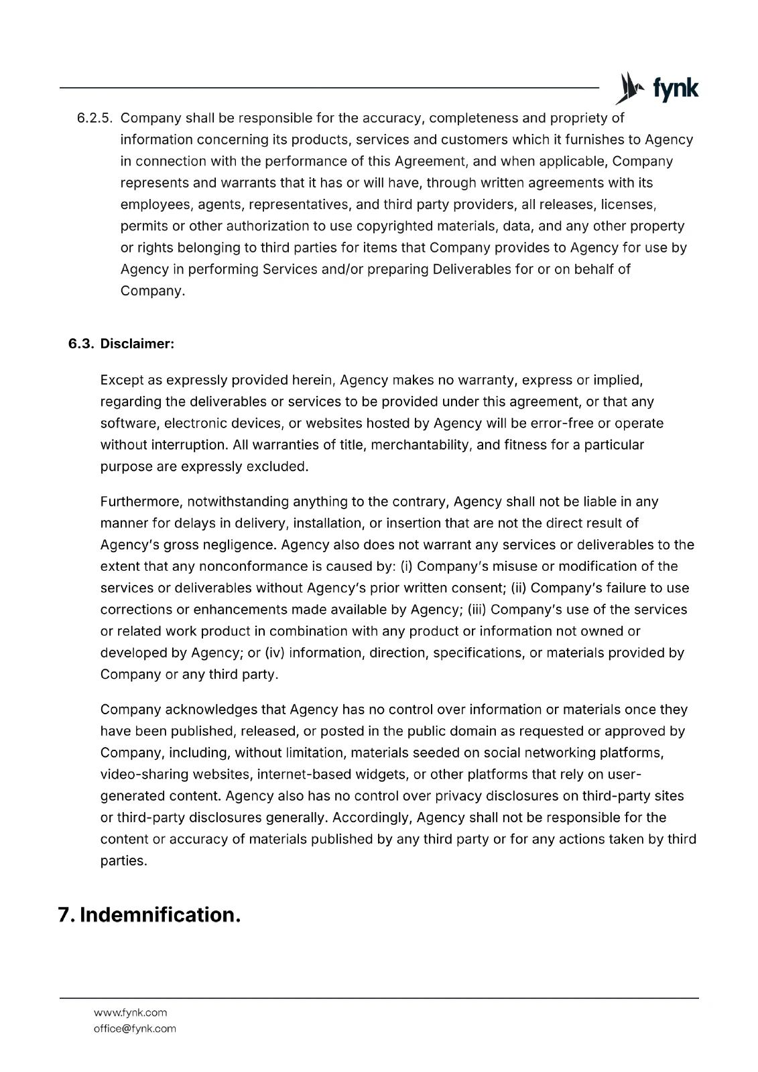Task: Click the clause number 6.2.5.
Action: (94, 119)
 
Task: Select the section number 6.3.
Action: (81, 344)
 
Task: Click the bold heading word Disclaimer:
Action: (137, 344)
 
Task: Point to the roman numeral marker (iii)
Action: (477, 610)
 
